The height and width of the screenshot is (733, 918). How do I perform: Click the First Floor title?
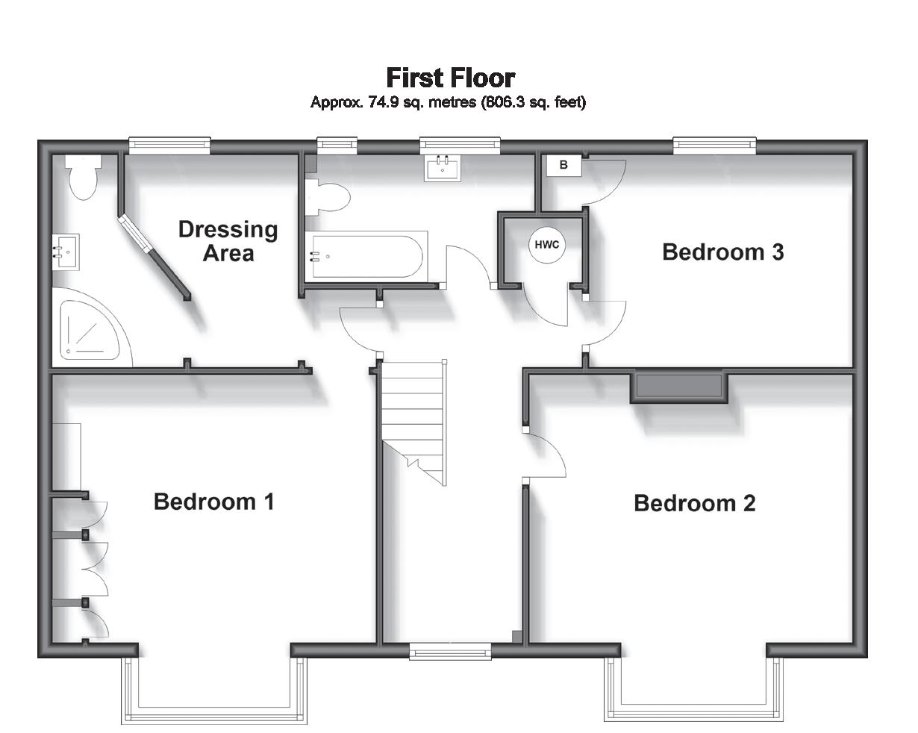click(x=451, y=78)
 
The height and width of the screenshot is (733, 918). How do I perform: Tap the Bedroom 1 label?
click(x=213, y=502)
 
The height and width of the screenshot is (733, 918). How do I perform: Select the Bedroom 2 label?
click(x=695, y=503)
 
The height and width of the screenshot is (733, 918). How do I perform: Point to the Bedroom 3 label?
click(x=723, y=252)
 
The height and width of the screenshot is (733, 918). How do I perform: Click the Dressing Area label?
click(x=228, y=241)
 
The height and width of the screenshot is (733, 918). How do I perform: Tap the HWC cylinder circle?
click(x=547, y=245)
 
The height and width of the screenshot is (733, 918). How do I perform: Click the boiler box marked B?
click(x=564, y=165)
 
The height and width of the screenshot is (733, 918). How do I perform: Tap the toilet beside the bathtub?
click(x=327, y=197)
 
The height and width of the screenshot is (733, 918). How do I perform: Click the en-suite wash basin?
click(x=66, y=252)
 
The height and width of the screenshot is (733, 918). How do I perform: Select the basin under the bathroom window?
click(x=443, y=168)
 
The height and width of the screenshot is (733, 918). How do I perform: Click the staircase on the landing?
click(x=413, y=422)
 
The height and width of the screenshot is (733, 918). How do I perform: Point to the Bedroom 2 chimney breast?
click(x=679, y=388)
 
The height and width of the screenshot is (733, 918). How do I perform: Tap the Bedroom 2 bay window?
click(x=693, y=689)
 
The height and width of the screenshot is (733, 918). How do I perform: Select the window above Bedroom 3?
click(x=714, y=146)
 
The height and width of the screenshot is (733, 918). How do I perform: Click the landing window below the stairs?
click(x=450, y=652)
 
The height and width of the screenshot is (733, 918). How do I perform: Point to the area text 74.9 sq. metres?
click(x=422, y=102)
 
